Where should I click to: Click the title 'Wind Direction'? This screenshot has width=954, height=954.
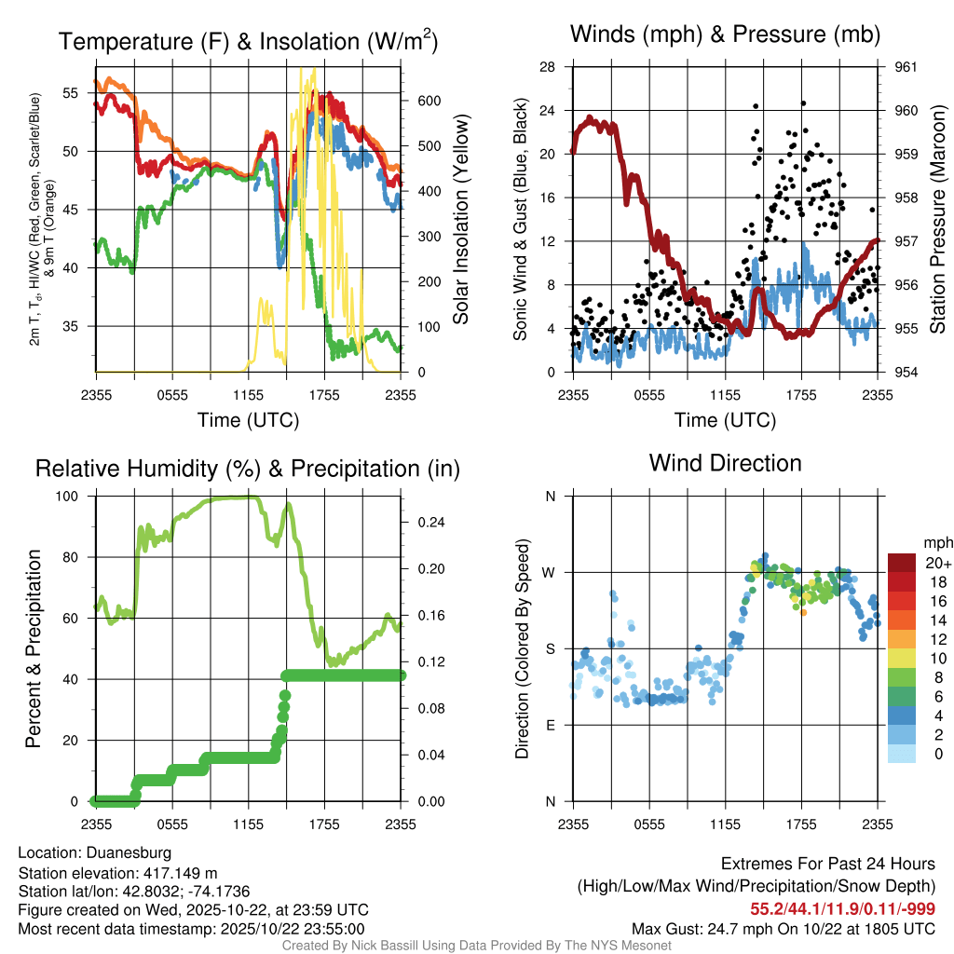click(x=725, y=463)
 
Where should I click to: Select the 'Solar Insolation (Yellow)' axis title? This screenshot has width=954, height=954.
click(x=460, y=220)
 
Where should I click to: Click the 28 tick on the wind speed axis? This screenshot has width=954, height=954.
click(x=548, y=67)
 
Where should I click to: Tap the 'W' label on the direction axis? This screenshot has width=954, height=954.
click(x=550, y=572)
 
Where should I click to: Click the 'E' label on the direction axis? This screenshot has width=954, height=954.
click(x=552, y=725)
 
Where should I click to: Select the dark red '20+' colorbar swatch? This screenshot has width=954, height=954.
click(x=904, y=563)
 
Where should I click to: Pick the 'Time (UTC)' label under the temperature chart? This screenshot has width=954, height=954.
click(x=248, y=420)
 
